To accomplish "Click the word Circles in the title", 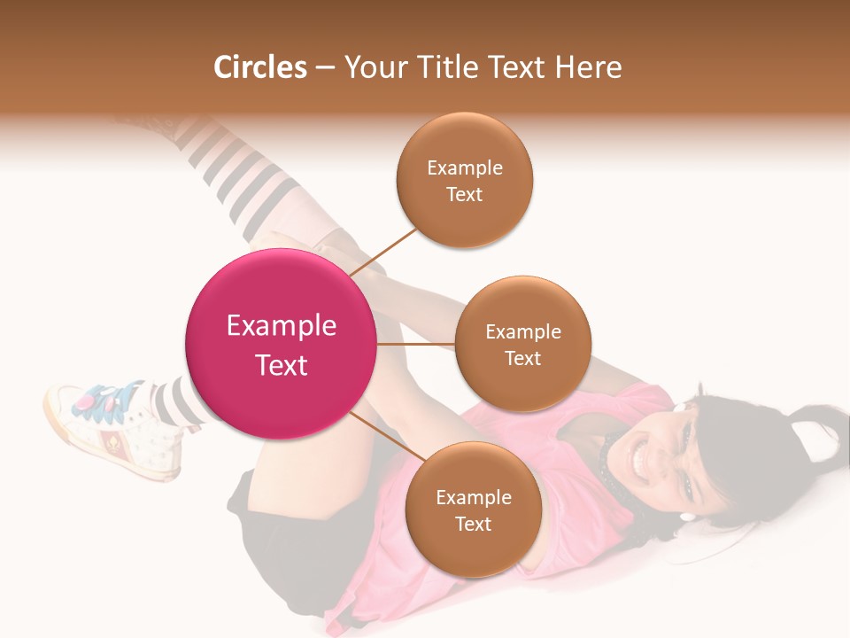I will coord(260,67).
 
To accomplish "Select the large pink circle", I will coord(281,344).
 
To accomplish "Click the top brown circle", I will coord(464,181).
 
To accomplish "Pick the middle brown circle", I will coord(522,344).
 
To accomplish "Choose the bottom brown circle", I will coord(473,510).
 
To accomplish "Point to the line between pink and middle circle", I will coord(416,344).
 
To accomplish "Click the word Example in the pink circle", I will coord(281,325).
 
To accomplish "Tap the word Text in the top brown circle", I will coord(464,194).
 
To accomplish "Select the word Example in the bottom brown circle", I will coord(473,497).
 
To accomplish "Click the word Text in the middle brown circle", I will coord(522,358).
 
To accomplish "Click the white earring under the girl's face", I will coord(687,516).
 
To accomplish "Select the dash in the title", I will coord(325,68).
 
